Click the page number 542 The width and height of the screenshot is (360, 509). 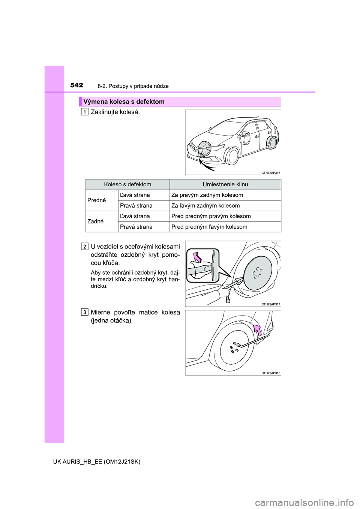coord(76,85)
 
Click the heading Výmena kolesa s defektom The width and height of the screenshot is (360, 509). coord(124,102)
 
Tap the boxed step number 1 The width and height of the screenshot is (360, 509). coord(85,112)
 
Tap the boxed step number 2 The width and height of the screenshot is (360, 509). coord(85,246)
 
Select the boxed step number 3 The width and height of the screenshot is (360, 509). coord(85,312)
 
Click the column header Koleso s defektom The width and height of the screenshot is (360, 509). coord(127,184)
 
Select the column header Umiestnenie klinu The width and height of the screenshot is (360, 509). coord(225,184)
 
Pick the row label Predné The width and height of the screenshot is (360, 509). coord(97,200)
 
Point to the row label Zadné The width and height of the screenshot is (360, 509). coord(96,221)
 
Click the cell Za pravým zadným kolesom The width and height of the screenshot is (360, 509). coord(207,195)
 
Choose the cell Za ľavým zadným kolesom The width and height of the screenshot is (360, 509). coord(205,205)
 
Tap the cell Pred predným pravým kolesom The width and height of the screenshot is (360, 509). coord(211,216)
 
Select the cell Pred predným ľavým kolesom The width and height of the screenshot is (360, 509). coord(209,227)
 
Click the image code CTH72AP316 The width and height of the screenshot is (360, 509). coord(271,173)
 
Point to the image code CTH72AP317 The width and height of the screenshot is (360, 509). coord(271,304)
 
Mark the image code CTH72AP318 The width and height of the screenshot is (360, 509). coord(271,373)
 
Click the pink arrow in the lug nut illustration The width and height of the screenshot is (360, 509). coord(257,330)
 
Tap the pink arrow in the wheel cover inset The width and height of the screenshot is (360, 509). coord(197,257)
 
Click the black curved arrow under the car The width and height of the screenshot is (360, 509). coord(207,165)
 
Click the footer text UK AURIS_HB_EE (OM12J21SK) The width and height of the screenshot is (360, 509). coord(97,462)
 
